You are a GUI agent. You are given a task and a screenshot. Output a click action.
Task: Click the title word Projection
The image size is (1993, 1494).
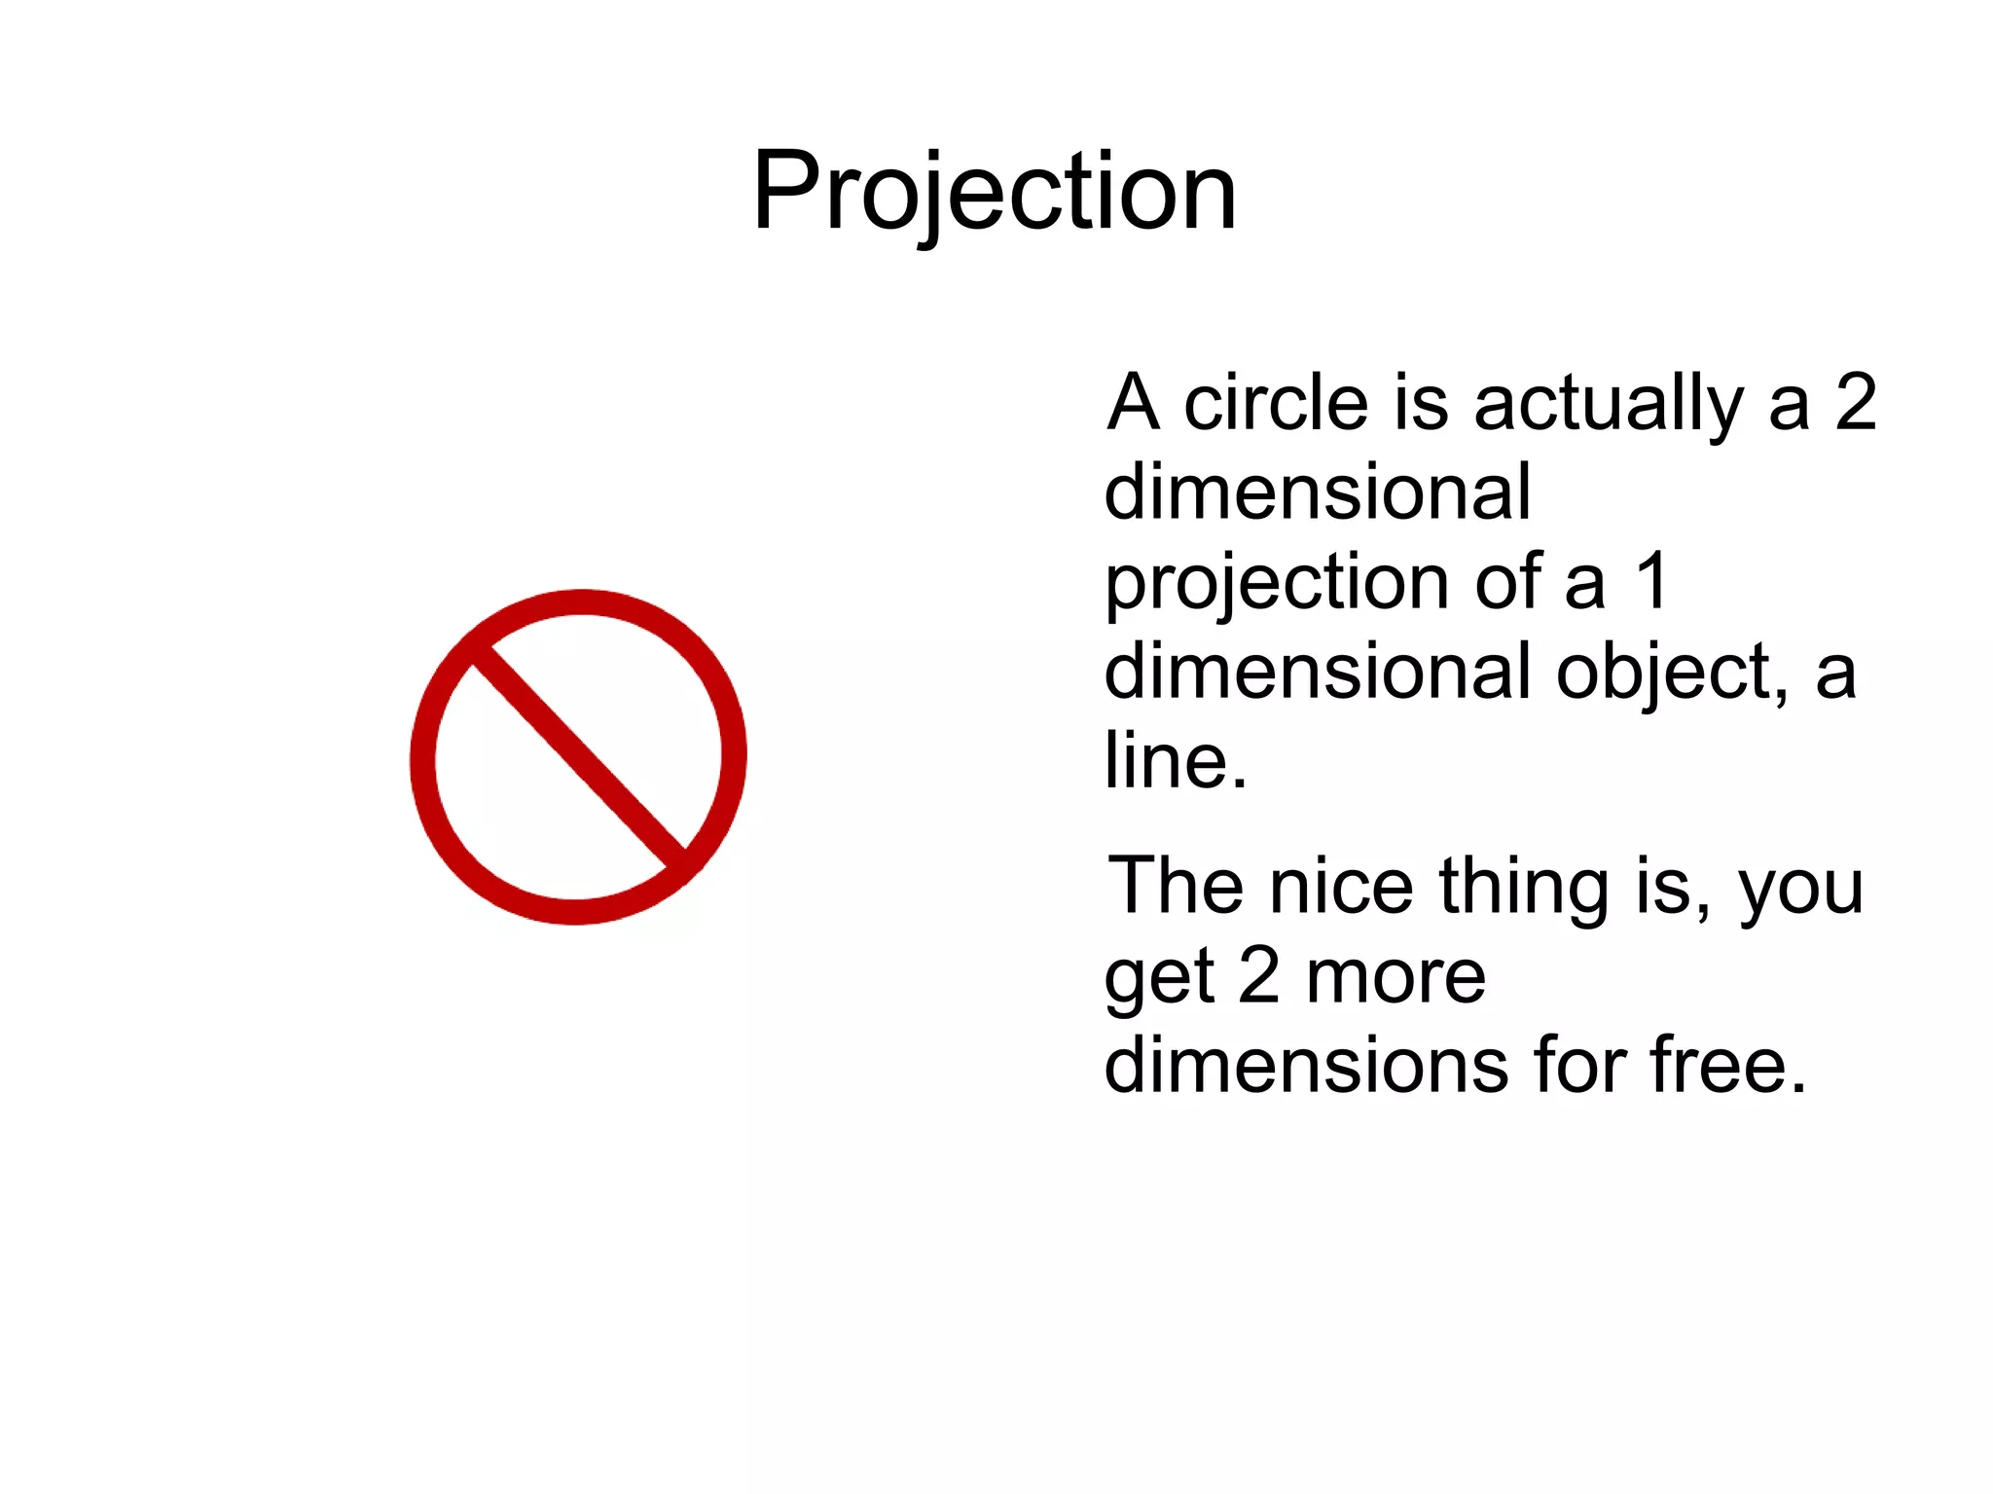[994, 192]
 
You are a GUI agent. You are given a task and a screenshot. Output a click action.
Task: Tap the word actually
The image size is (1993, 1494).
[1609, 404]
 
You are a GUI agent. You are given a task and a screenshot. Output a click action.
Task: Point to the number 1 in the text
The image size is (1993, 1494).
[1651, 582]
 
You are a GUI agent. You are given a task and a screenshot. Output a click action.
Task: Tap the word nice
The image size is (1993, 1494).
[1341, 886]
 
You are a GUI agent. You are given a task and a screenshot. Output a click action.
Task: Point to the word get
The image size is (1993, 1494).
[1159, 979]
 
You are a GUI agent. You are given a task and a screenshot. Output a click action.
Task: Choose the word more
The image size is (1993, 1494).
[1395, 978]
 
